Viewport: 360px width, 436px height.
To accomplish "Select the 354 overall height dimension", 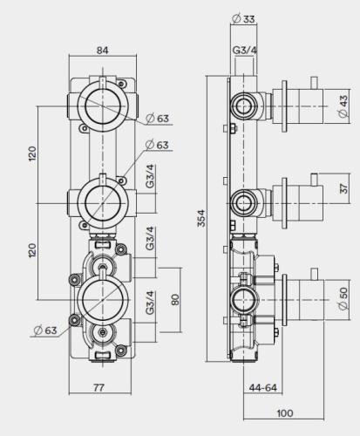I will (x=201, y=219).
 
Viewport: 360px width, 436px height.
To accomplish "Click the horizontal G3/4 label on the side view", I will (x=245, y=51).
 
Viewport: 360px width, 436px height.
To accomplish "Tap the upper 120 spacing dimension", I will (x=33, y=153).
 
